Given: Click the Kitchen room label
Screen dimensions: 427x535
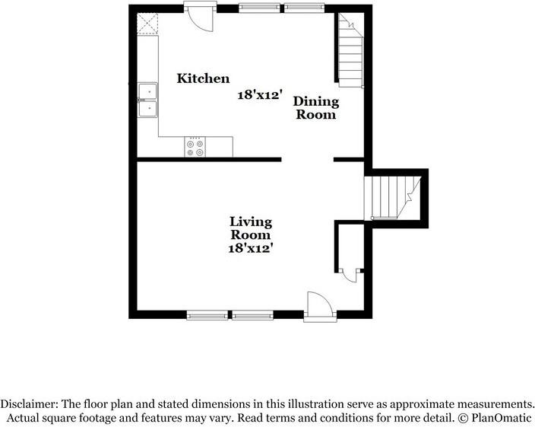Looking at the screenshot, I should click(203, 78).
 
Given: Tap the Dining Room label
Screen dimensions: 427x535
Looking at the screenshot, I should click(315, 108).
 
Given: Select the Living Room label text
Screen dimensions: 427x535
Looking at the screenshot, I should click(251, 228).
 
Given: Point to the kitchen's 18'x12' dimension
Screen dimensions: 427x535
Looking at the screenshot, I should click(259, 95).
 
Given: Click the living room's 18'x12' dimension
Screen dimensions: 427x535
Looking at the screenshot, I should click(251, 248).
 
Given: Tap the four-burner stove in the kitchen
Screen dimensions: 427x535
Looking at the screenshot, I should click(195, 146).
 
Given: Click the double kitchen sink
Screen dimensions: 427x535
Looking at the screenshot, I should click(148, 100).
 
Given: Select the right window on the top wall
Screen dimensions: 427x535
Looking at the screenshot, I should click(304, 8).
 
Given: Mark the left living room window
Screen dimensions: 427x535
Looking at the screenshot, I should click(207, 314).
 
